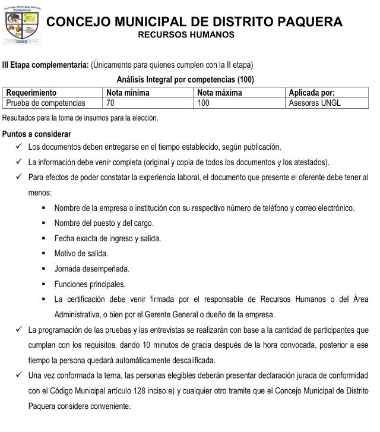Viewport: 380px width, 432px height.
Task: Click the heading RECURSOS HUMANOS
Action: point(186,35)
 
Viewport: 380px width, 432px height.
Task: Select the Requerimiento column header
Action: point(31,93)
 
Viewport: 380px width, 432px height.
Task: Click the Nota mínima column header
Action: point(128,93)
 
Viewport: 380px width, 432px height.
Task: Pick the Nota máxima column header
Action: point(220,93)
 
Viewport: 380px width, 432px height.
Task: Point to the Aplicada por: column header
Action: point(311,93)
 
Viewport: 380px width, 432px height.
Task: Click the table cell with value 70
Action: point(110,103)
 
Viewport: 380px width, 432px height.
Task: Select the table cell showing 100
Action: point(204,103)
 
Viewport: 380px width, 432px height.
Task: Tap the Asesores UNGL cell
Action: point(314,103)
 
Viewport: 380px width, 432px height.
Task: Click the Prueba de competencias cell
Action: point(46,103)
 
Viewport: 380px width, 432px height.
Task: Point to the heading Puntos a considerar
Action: point(37,134)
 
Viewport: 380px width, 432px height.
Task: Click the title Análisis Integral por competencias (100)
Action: point(186,80)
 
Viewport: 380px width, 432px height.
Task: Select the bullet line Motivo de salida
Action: point(81,254)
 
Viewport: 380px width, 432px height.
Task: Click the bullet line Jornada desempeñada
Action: point(91,269)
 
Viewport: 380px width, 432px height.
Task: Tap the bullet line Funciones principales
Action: point(90,284)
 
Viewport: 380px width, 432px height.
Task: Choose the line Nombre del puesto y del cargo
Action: point(104,223)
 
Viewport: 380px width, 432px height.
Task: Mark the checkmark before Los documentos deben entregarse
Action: point(20,146)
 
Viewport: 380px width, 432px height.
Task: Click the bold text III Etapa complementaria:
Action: point(46,64)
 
